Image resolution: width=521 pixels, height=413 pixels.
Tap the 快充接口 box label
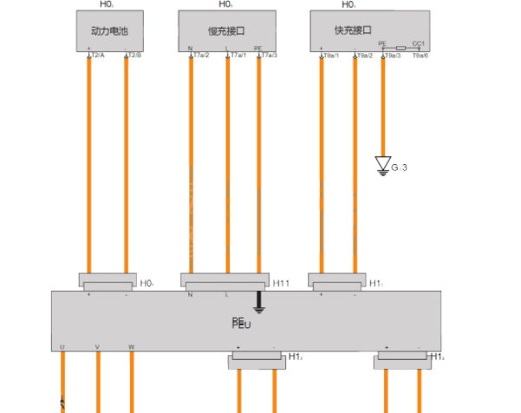tap(351, 29)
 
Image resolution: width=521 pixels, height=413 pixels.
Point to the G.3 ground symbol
tap(383, 165)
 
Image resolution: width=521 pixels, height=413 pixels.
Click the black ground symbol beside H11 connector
tap(257, 304)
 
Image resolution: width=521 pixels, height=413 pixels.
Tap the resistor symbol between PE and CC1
tap(400, 49)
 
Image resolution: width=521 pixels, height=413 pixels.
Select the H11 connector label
tap(281, 284)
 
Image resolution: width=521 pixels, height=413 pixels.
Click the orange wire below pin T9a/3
tap(383, 104)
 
